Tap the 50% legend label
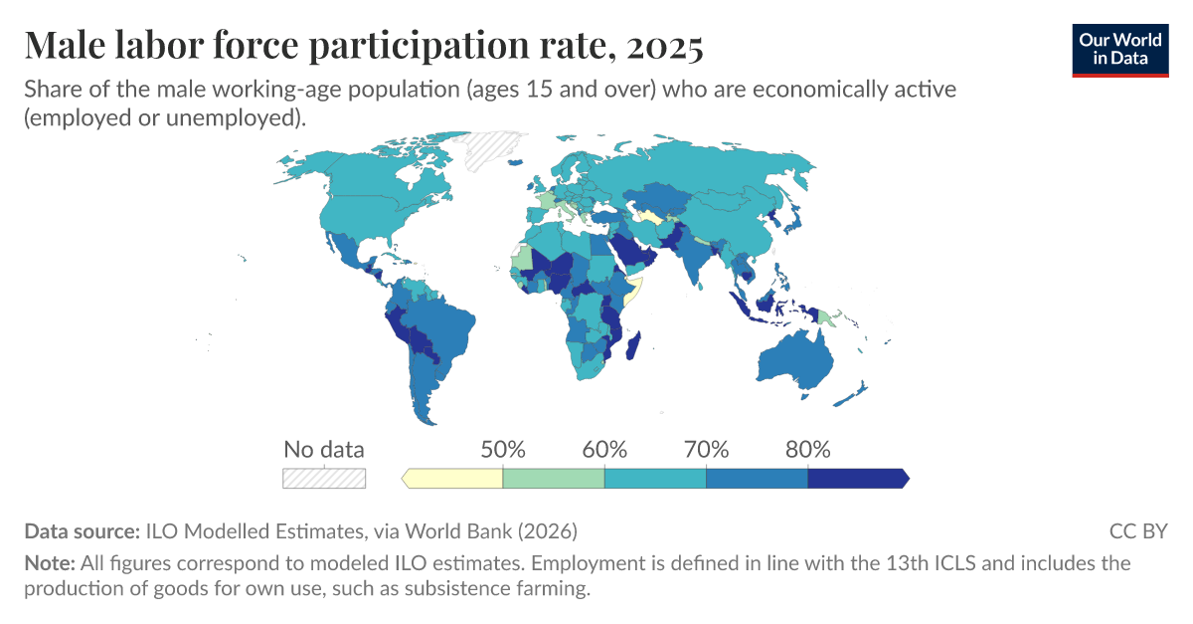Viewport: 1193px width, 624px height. [x=503, y=449]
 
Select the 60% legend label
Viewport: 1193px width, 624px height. [x=604, y=449]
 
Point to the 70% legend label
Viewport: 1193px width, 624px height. [x=706, y=449]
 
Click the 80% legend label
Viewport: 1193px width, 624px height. [x=807, y=449]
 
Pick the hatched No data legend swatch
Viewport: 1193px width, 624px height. [x=324, y=479]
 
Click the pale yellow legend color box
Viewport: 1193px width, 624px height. [x=454, y=479]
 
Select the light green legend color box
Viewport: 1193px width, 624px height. [x=554, y=479]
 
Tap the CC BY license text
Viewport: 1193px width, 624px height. [x=1138, y=530]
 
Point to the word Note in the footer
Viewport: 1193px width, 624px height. [x=49, y=563]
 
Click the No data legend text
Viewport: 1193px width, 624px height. [x=324, y=449]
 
